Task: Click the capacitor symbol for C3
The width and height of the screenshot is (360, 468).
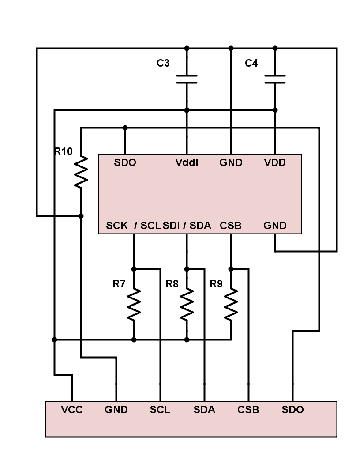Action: (187, 79)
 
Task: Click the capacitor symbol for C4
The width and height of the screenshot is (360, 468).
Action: (275, 79)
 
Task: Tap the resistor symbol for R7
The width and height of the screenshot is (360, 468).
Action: (134, 304)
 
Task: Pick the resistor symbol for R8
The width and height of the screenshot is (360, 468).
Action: (187, 304)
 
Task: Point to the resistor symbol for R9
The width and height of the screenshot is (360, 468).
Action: (231, 304)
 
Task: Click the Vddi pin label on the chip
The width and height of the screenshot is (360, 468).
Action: (187, 162)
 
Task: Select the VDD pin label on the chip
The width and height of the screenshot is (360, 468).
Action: (275, 162)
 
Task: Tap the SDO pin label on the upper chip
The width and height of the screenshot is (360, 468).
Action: (125, 162)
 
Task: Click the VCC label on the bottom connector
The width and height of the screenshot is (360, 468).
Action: (72, 410)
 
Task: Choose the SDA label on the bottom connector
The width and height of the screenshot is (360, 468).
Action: (204, 410)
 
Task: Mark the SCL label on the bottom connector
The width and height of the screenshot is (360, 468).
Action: (160, 410)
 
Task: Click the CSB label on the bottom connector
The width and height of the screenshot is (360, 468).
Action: (248, 410)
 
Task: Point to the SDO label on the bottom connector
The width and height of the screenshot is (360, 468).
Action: (292, 410)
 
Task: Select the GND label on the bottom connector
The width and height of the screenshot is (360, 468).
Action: (116, 410)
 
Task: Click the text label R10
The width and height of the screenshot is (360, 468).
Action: (63, 151)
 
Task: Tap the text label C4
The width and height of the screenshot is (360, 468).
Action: (251, 63)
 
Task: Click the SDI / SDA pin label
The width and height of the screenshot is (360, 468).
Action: (187, 226)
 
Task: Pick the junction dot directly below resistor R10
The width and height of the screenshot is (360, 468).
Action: (81, 216)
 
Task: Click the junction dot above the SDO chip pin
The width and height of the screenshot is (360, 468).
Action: (125, 128)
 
